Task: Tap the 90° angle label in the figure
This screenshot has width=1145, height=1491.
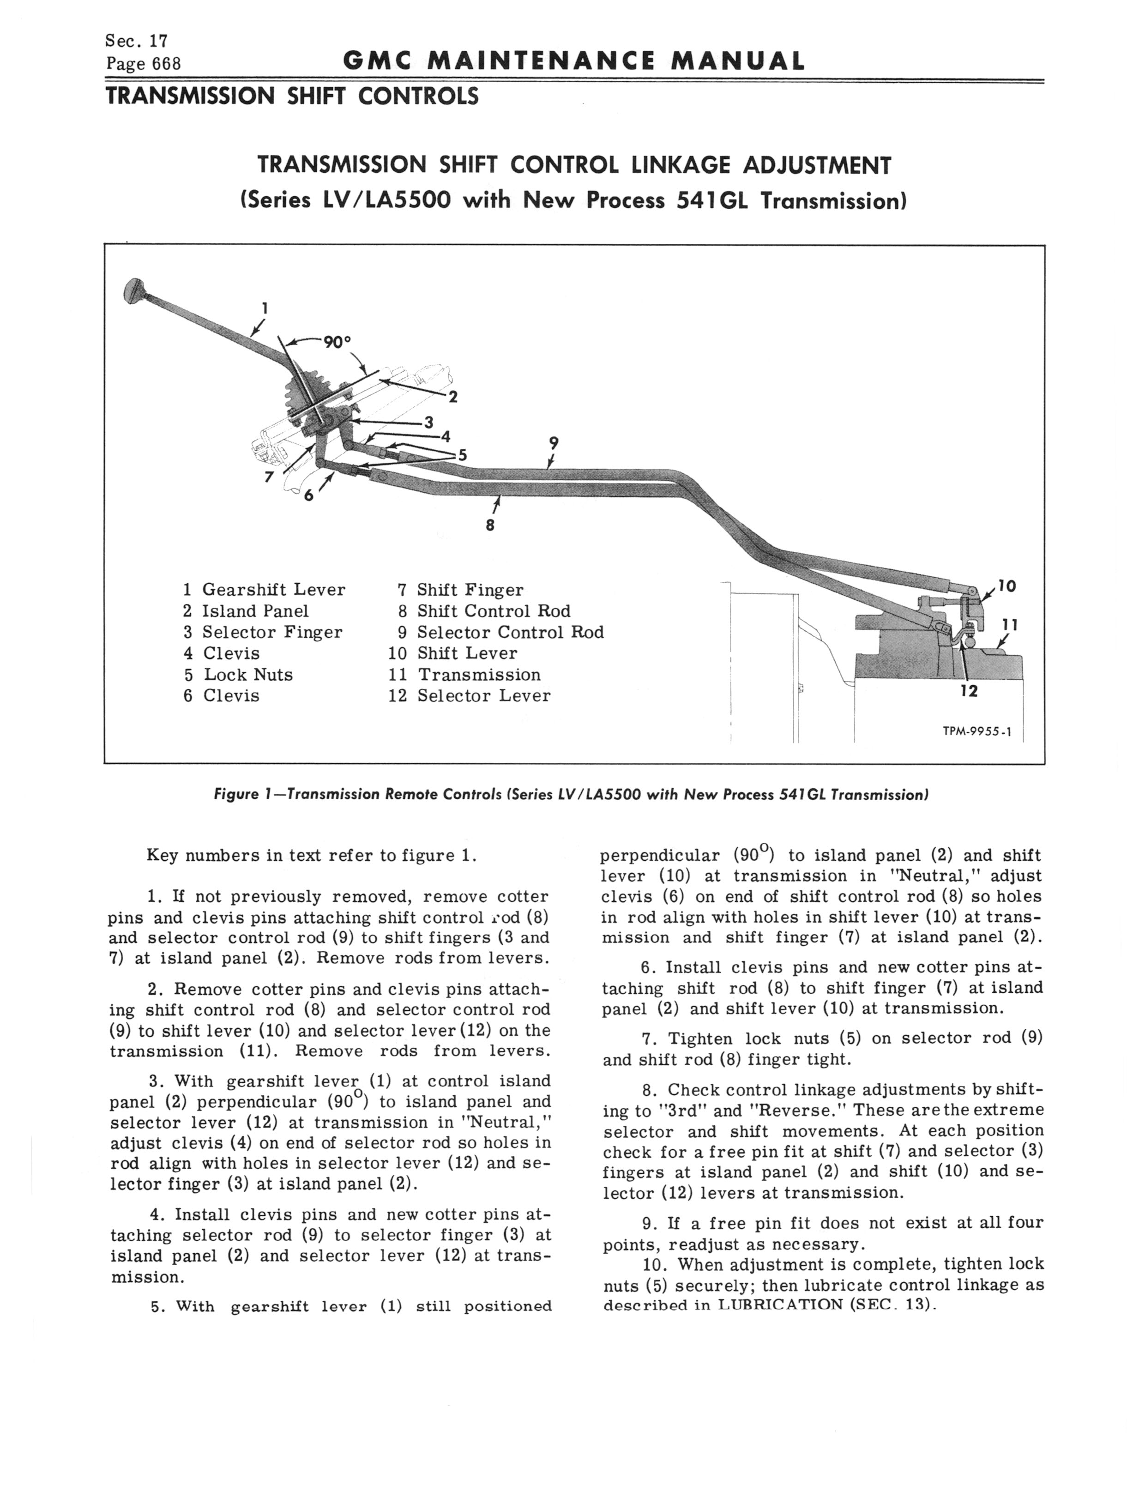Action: (x=337, y=342)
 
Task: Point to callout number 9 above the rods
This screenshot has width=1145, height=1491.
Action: (x=554, y=443)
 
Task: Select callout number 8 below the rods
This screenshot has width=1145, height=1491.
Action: (x=490, y=525)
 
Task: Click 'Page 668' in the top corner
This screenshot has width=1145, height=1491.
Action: (x=144, y=64)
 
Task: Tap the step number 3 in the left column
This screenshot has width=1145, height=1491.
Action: (x=154, y=1081)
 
